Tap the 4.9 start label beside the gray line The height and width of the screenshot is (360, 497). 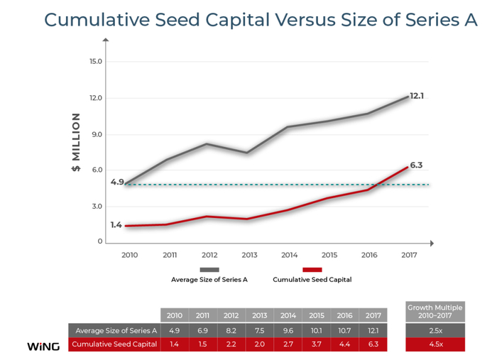pos(117,182)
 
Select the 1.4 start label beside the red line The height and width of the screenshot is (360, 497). pos(116,225)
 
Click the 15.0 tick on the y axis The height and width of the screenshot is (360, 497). pos(96,61)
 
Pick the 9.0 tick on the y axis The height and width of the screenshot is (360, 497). pos(97,134)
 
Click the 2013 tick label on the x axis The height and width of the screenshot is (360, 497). pos(248,254)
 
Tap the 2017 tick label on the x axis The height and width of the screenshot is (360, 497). pos(408,254)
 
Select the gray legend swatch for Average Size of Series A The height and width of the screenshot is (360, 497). pos(209,270)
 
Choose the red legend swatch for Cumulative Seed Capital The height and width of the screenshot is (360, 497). pos(312,270)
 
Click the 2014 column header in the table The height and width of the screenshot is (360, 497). pos(288,315)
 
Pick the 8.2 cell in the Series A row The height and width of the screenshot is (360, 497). pos(231,330)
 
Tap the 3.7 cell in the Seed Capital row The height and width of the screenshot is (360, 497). pos(316,345)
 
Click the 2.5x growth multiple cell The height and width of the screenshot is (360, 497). pos(435,330)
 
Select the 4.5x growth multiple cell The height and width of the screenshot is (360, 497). pos(435,345)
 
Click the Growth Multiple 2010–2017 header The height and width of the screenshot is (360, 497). pos(435,312)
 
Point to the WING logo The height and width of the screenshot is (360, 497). pos(43,347)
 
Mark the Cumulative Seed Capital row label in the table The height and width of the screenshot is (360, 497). pos(114,345)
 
